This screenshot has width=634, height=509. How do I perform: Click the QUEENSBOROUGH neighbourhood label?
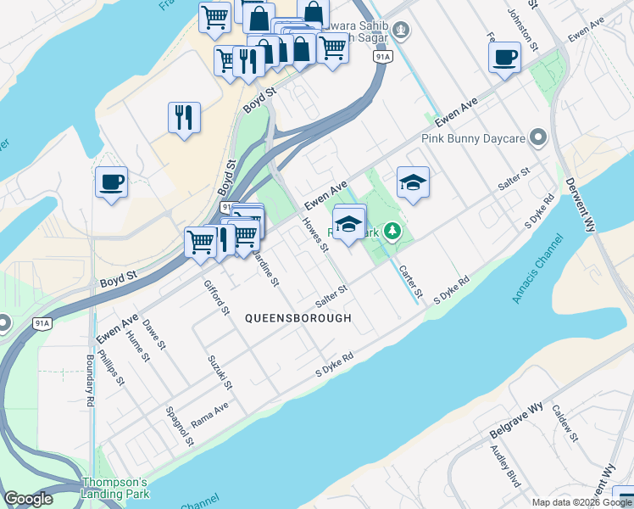pos(298,318)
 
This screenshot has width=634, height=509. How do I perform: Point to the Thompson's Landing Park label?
pos(115,488)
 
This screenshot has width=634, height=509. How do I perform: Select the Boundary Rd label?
pos(90,381)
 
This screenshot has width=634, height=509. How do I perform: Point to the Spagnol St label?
pos(181,430)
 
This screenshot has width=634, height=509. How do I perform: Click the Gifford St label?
pos(217,295)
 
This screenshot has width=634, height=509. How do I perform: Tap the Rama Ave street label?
pos(209,411)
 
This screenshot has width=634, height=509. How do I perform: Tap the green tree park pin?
pos(392,229)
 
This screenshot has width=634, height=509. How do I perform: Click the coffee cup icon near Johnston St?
pos(504,57)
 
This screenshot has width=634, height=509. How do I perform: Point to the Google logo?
pos(28,499)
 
